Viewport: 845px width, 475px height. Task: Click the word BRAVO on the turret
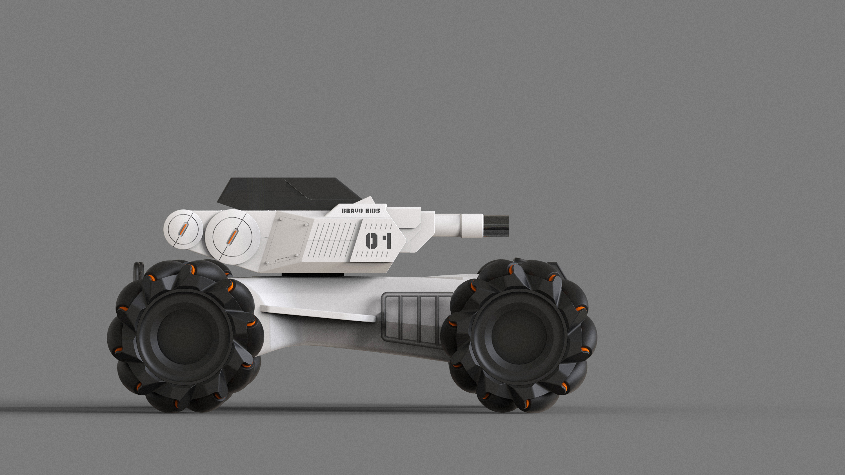point(352,211)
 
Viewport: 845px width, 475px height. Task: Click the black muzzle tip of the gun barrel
point(496,226)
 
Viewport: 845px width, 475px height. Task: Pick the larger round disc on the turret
point(233,238)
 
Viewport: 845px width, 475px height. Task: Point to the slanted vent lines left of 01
point(331,240)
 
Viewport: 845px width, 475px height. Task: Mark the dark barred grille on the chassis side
point(417,319)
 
